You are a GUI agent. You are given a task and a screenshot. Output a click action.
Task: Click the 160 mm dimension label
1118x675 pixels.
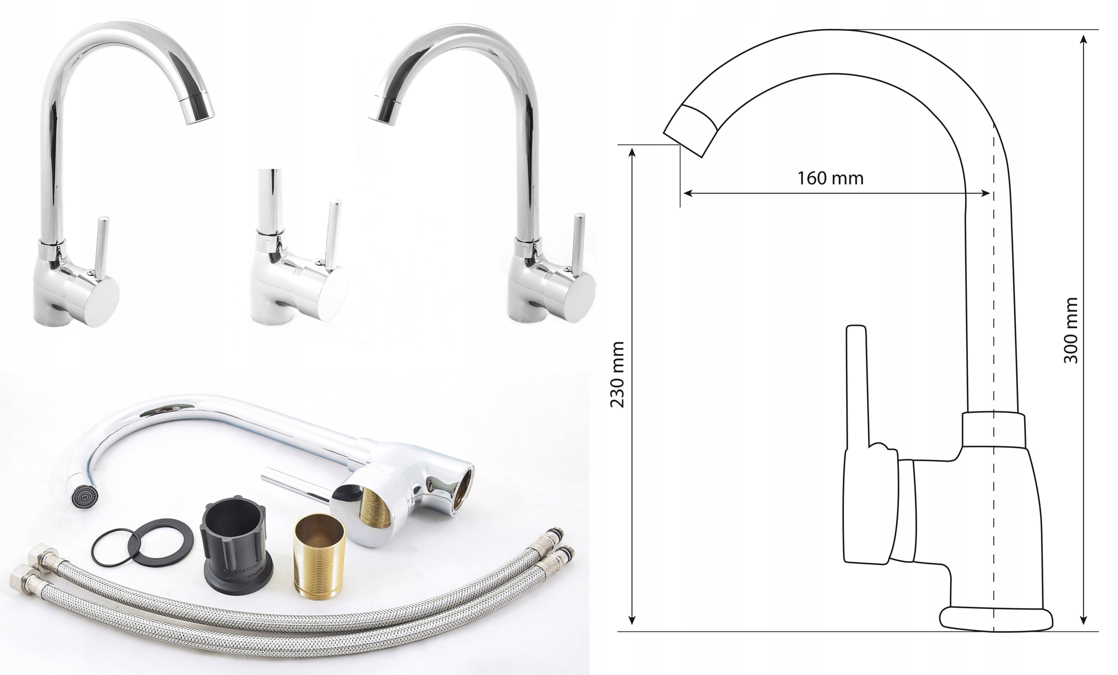830,178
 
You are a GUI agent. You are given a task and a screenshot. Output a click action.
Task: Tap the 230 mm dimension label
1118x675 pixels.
617,374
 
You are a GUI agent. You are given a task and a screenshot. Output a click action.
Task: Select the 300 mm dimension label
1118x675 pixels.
1071,330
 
